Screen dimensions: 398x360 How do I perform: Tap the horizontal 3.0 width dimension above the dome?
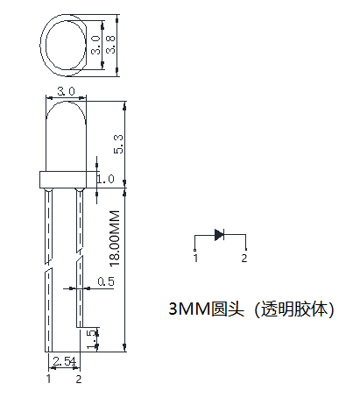click(64, 91)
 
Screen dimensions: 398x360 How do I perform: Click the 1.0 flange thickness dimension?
click(106, 179)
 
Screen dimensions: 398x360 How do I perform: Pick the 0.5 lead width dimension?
click(105, 281)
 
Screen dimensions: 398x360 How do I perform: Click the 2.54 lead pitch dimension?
click(64, 361)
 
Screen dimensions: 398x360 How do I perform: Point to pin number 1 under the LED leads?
click(49, 379)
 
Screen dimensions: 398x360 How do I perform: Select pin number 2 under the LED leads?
click(79, 379)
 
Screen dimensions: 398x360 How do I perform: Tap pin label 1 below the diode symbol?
click(195, 259)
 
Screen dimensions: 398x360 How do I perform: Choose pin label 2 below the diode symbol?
click(244, 259)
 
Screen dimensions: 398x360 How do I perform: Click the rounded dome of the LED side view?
click(64, 123)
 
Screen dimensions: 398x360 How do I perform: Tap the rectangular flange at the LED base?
click(64, 180)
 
